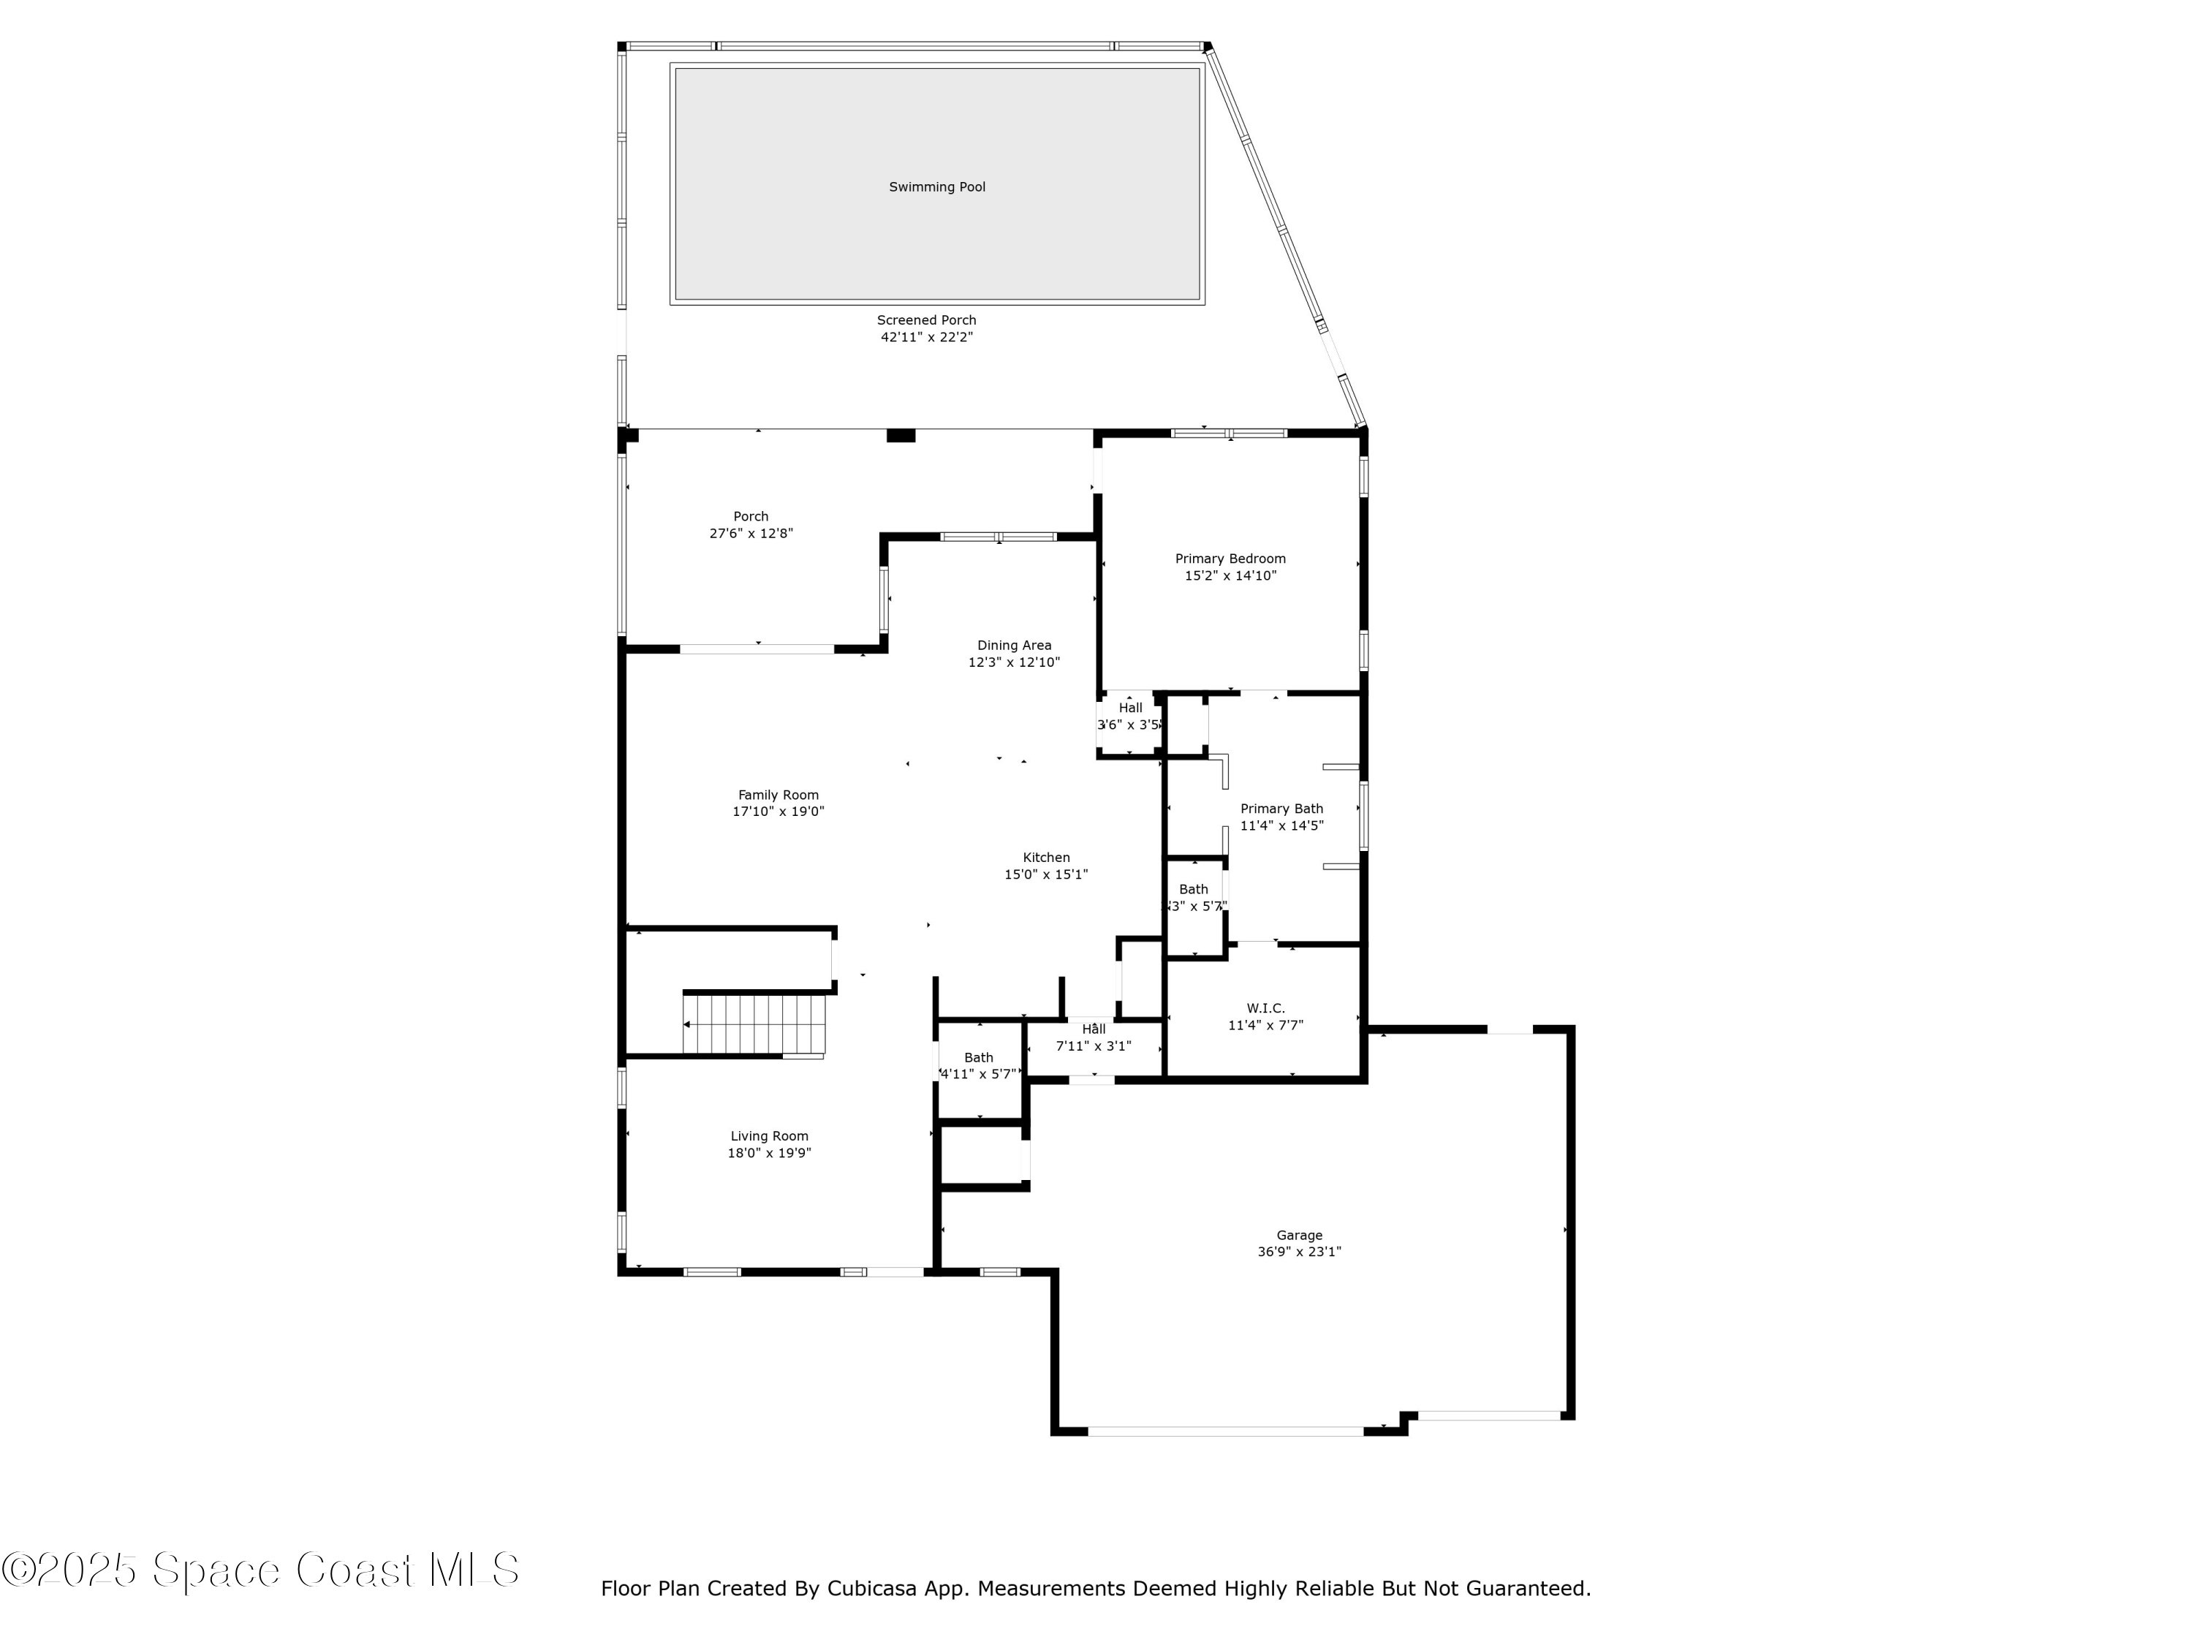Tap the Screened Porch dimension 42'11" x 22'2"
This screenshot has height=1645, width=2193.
pyautogui.click(x=926, y=337)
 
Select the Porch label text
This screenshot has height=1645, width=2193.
pyautogui.click(x=751, y=517)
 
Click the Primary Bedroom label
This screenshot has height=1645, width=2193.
pyautogui.click(x=1230, y=559)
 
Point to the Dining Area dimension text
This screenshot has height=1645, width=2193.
pyautogui.click(x=1013, y=662)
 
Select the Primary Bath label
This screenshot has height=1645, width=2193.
pyautogui.click(x=1281, y=809)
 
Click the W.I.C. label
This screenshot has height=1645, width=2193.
pyautogui.click(x=1265, y=1008)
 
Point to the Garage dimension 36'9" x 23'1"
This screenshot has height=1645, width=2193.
pyautogui.click(x=1299, y=1252)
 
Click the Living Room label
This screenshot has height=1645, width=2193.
pyautogui.click(x=768, y=1136)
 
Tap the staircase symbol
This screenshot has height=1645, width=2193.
pyautogui.click(x=755, y=1024)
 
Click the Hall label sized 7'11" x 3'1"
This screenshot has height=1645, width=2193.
pyautogui.click(x=1094, y=1029)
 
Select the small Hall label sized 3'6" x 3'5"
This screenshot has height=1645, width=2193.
pyautogui.click(x=1130, y=708)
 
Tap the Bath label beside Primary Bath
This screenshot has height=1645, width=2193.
pyautogui.click(x=1193, y=890)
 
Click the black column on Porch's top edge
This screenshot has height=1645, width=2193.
pyautogui.click(x=900, y=435)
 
